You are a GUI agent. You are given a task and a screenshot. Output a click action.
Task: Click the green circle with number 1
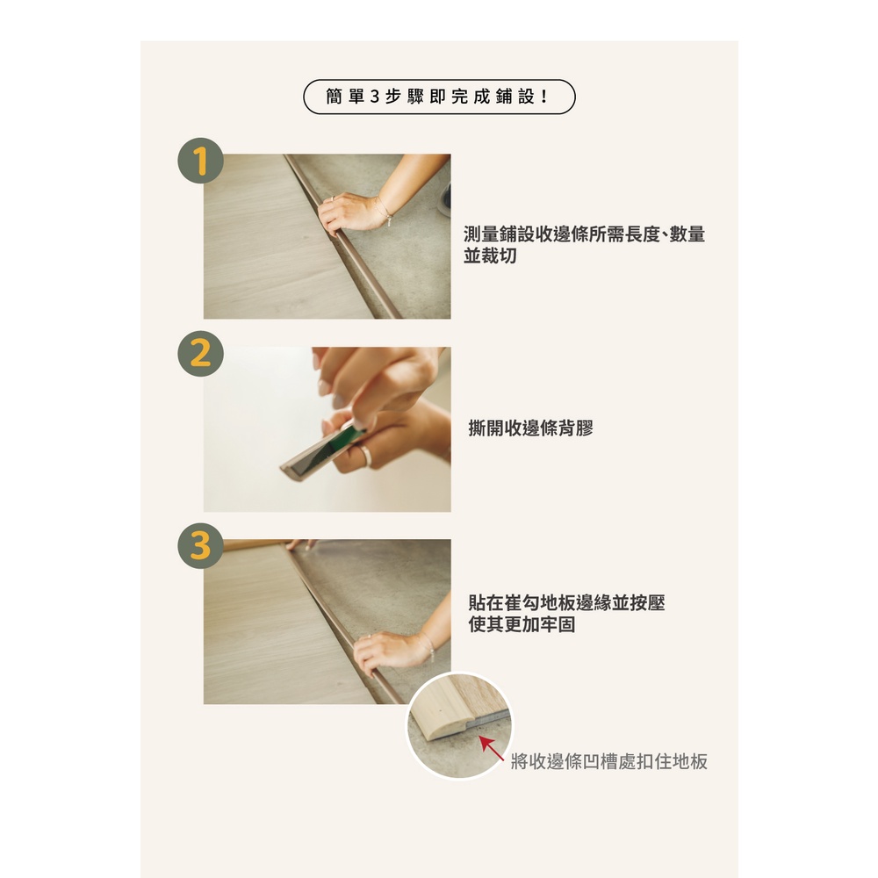coord(200,161)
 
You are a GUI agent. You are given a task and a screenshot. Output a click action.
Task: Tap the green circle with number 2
coord(200,353)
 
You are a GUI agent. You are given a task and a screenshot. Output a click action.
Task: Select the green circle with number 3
coord(200,546)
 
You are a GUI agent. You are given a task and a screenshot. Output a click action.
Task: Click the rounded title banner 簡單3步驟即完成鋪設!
coord(439,97)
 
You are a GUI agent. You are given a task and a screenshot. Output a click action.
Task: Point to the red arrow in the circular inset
coord(491,748)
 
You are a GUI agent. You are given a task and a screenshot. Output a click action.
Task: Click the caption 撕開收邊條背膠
coord(530,428)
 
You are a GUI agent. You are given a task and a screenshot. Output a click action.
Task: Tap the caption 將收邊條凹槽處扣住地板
coord(609,761)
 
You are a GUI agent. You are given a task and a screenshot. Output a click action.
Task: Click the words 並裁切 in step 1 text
coord(490,255)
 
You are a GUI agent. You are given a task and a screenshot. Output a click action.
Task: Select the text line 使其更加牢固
coord(522,623)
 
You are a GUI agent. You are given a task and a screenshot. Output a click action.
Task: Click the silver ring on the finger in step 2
coord(365,455)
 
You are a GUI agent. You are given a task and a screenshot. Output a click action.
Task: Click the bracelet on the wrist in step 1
coord(385,211)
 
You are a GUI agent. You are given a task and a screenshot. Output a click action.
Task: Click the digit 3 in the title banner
coord(375,97)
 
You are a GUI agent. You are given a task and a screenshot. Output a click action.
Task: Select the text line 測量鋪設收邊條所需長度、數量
coord(584,234)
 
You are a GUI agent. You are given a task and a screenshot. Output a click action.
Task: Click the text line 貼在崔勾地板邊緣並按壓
coord(566,602)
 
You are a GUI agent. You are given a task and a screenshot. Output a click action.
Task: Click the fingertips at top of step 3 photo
coord(302,543)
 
